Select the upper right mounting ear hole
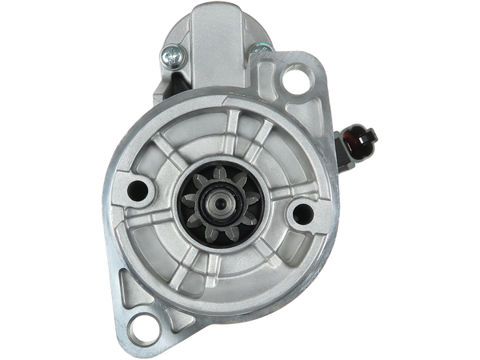295,81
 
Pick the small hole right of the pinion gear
302,212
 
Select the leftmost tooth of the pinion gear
186,194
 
